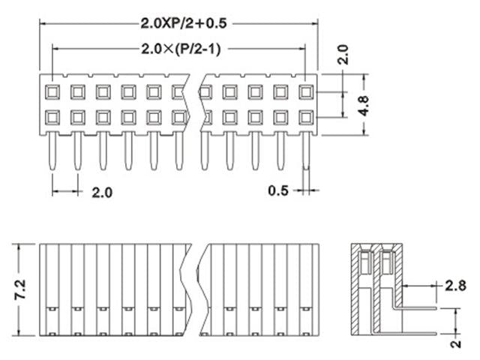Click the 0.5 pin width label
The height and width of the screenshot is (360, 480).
coord(279,190)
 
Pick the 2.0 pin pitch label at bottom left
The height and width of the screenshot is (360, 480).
coord(102,192)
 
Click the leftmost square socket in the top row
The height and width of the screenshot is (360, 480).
coord(52,92)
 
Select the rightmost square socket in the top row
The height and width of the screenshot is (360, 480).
coord(305,92)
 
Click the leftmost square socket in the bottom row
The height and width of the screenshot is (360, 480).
coord(52,117)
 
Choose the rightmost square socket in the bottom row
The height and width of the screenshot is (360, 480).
coord(305,117)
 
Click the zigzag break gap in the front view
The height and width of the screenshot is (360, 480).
coord(196,289)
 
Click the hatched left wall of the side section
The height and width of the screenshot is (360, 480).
coord(355,292)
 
